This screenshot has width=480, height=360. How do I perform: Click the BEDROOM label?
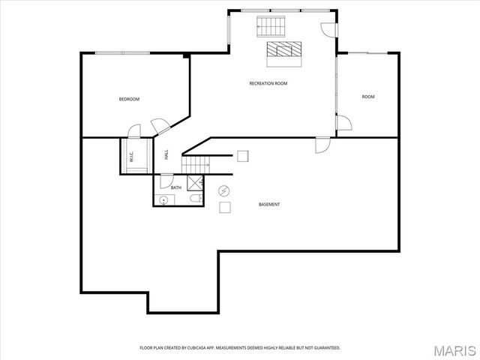[x=129, y=99]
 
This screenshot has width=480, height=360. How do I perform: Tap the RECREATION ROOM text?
[x=268, y=83]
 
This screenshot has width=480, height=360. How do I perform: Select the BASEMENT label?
[x=269, y=204]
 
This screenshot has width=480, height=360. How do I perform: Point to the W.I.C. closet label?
[x=130, y=157]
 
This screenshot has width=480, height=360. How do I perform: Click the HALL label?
[x=166, y=154]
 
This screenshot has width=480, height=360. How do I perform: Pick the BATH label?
[x=176, y=187]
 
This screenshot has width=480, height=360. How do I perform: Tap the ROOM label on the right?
[x=368, y=97]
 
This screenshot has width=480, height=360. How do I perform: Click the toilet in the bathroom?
[x=194, y=199]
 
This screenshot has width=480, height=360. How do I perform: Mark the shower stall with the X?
[x=195, y=182]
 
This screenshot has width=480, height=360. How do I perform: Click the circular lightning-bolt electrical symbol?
[x=224, y=190]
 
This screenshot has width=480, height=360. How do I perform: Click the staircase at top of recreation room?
[x=269, y=26]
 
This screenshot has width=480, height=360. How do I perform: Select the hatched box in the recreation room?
[x=285, y=49]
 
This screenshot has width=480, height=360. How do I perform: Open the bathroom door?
[x=165, y=179]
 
